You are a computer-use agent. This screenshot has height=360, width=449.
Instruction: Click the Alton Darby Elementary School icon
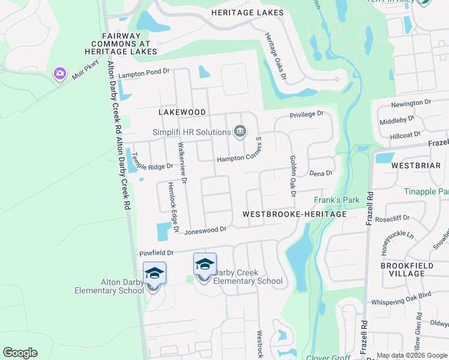(x=154, y=274)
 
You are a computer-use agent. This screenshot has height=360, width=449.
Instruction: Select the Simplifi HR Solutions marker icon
(x=240, y=131)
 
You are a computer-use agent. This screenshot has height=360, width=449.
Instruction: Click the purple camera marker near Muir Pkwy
(x=59, y=73)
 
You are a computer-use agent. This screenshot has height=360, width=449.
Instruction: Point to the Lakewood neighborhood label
(x=182, y=112)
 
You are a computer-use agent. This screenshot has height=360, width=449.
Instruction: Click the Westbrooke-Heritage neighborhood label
(x=294, y=214)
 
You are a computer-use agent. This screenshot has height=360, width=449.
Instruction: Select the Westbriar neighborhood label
(x=412, y=165)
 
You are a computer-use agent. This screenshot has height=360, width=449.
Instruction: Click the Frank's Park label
(x=333, y=200)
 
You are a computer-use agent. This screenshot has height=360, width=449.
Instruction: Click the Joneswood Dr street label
(x=205, y=230)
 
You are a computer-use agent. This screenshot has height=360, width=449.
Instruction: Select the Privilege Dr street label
(x=306, y=114)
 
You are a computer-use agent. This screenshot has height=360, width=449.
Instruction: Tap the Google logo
(x=20, y=353)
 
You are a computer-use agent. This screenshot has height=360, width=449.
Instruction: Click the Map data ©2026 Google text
(x=412, y=355)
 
